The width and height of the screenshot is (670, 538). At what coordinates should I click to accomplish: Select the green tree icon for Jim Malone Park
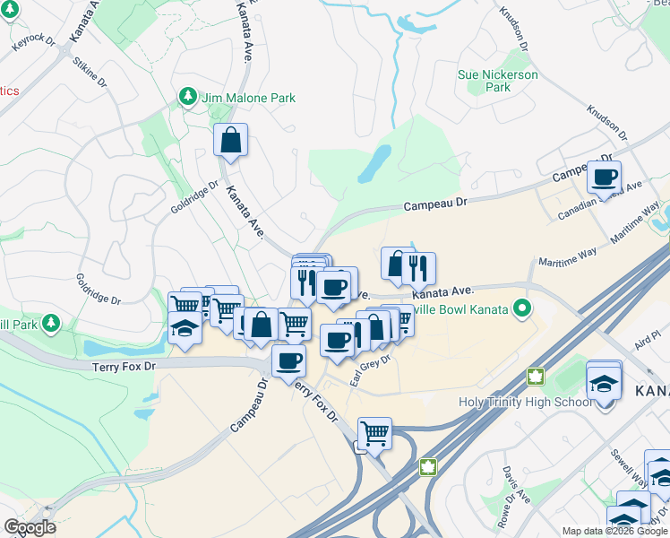pyautogui.click(x=187, y=96)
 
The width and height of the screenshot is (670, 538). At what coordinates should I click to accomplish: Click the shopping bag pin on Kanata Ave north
pyautogui.click(x=230, y=140)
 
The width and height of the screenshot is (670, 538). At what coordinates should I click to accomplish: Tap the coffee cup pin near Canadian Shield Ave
pyautogui.click(x=604, y=177)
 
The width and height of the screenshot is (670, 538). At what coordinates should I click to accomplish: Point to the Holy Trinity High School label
pyautogui.click(x=525, y=402)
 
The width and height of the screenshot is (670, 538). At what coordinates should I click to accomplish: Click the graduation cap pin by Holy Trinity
pyautogui.click(x=604, y=384)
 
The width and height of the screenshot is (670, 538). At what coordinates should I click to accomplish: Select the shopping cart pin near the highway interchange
pyautogui.click(x=374, y=434)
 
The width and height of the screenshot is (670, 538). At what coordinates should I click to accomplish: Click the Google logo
pyautogui.click(x=30, y=527)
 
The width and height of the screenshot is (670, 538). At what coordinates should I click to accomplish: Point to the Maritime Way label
pyautogui.click(x=568, y=256)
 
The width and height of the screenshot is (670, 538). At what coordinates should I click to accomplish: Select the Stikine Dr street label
pyautogui.click(x=90, y=71)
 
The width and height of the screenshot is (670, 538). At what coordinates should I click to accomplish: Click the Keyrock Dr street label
pyautogui.click(x=34, y=42)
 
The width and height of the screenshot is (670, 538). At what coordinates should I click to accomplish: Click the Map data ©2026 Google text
pyautogui.click(x=614, y=531)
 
